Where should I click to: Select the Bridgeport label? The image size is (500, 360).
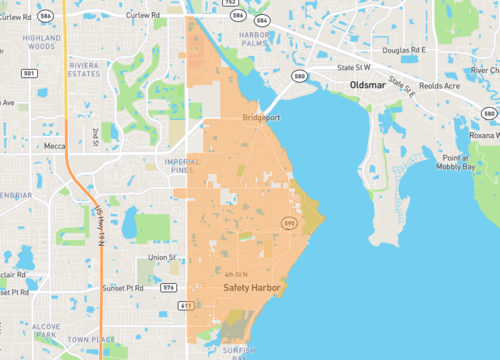262,118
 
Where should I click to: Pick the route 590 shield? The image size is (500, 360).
288,221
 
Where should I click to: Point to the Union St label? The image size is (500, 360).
162,258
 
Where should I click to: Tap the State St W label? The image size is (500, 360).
354,67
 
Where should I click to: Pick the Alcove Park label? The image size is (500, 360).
46,329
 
